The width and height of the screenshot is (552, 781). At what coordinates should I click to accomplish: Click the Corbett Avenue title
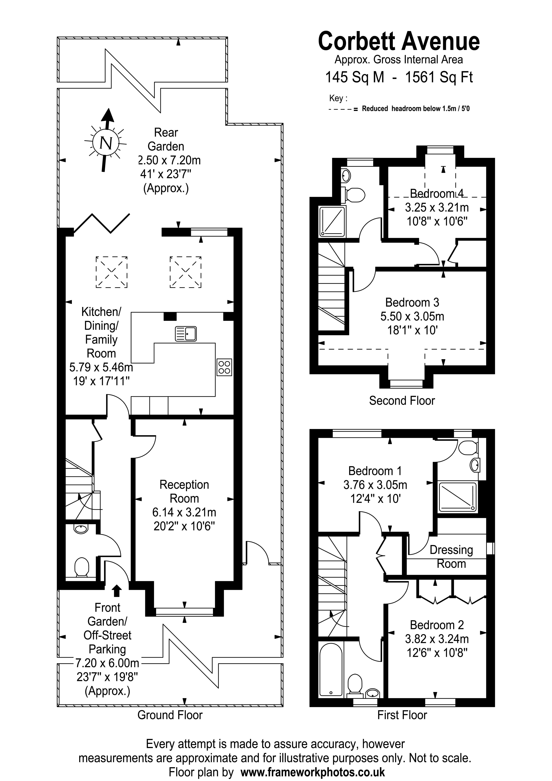[399, 42]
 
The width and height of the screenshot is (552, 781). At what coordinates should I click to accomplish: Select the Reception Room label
[184, 492]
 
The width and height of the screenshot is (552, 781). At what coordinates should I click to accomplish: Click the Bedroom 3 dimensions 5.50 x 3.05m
[412, 316]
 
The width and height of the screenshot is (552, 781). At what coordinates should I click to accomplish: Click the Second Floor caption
[402, 401]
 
